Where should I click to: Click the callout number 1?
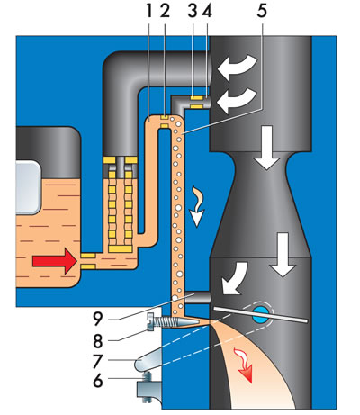(149, 11)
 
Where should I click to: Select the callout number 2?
(165, 11)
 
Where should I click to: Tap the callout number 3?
(193, 11)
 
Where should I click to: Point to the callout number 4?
(207, 11)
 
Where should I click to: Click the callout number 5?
(262, 11)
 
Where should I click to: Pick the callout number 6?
(97, 381)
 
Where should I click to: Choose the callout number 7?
(97, 361)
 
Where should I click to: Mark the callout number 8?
(97, 341)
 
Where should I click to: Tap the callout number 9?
(97, 320)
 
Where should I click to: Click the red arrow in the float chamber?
(55, 261)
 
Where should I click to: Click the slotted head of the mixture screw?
(150, 321)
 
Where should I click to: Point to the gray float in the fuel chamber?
(28, 187)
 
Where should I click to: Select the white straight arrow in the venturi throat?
(266, 148)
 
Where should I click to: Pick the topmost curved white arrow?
(237, 67)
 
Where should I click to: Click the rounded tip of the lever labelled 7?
(138, 365)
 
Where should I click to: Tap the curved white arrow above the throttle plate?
(235, 279)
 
